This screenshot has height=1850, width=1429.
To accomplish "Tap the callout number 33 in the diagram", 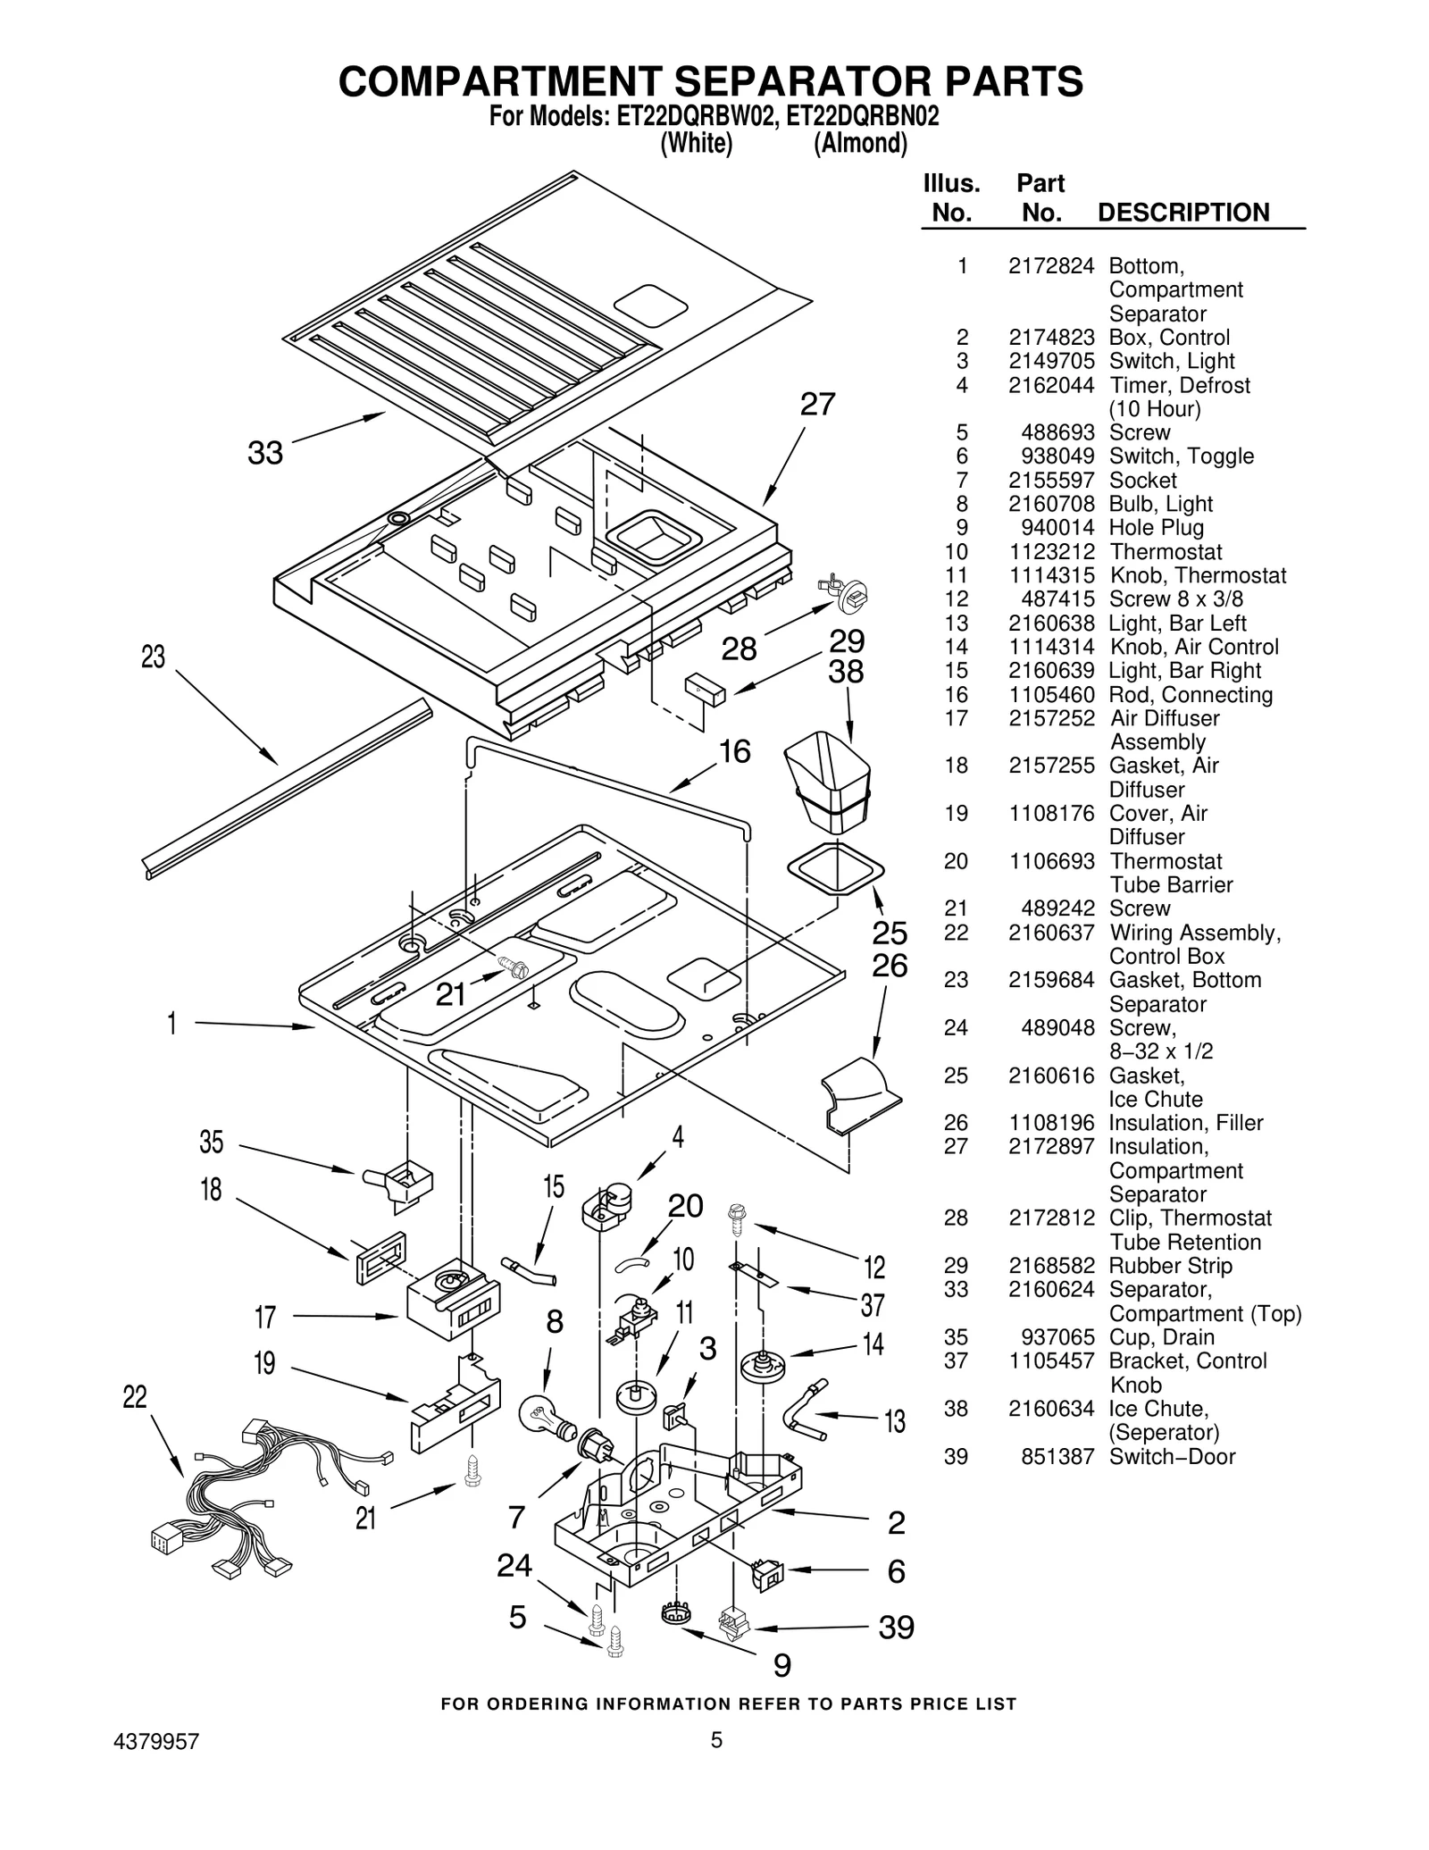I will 265,453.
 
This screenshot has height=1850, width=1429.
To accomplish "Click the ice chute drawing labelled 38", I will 827,781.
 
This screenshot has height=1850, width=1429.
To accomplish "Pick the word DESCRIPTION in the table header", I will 1182,213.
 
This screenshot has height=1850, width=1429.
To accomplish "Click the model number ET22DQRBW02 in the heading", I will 693,117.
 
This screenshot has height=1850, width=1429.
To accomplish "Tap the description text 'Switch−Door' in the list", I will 1172,1457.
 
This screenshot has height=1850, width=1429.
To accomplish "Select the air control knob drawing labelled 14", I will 763,1368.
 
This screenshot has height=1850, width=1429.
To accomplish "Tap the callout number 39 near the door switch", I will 896,1628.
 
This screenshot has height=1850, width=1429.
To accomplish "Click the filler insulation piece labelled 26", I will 859,1089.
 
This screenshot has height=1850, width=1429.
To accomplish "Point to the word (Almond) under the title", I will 860,144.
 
